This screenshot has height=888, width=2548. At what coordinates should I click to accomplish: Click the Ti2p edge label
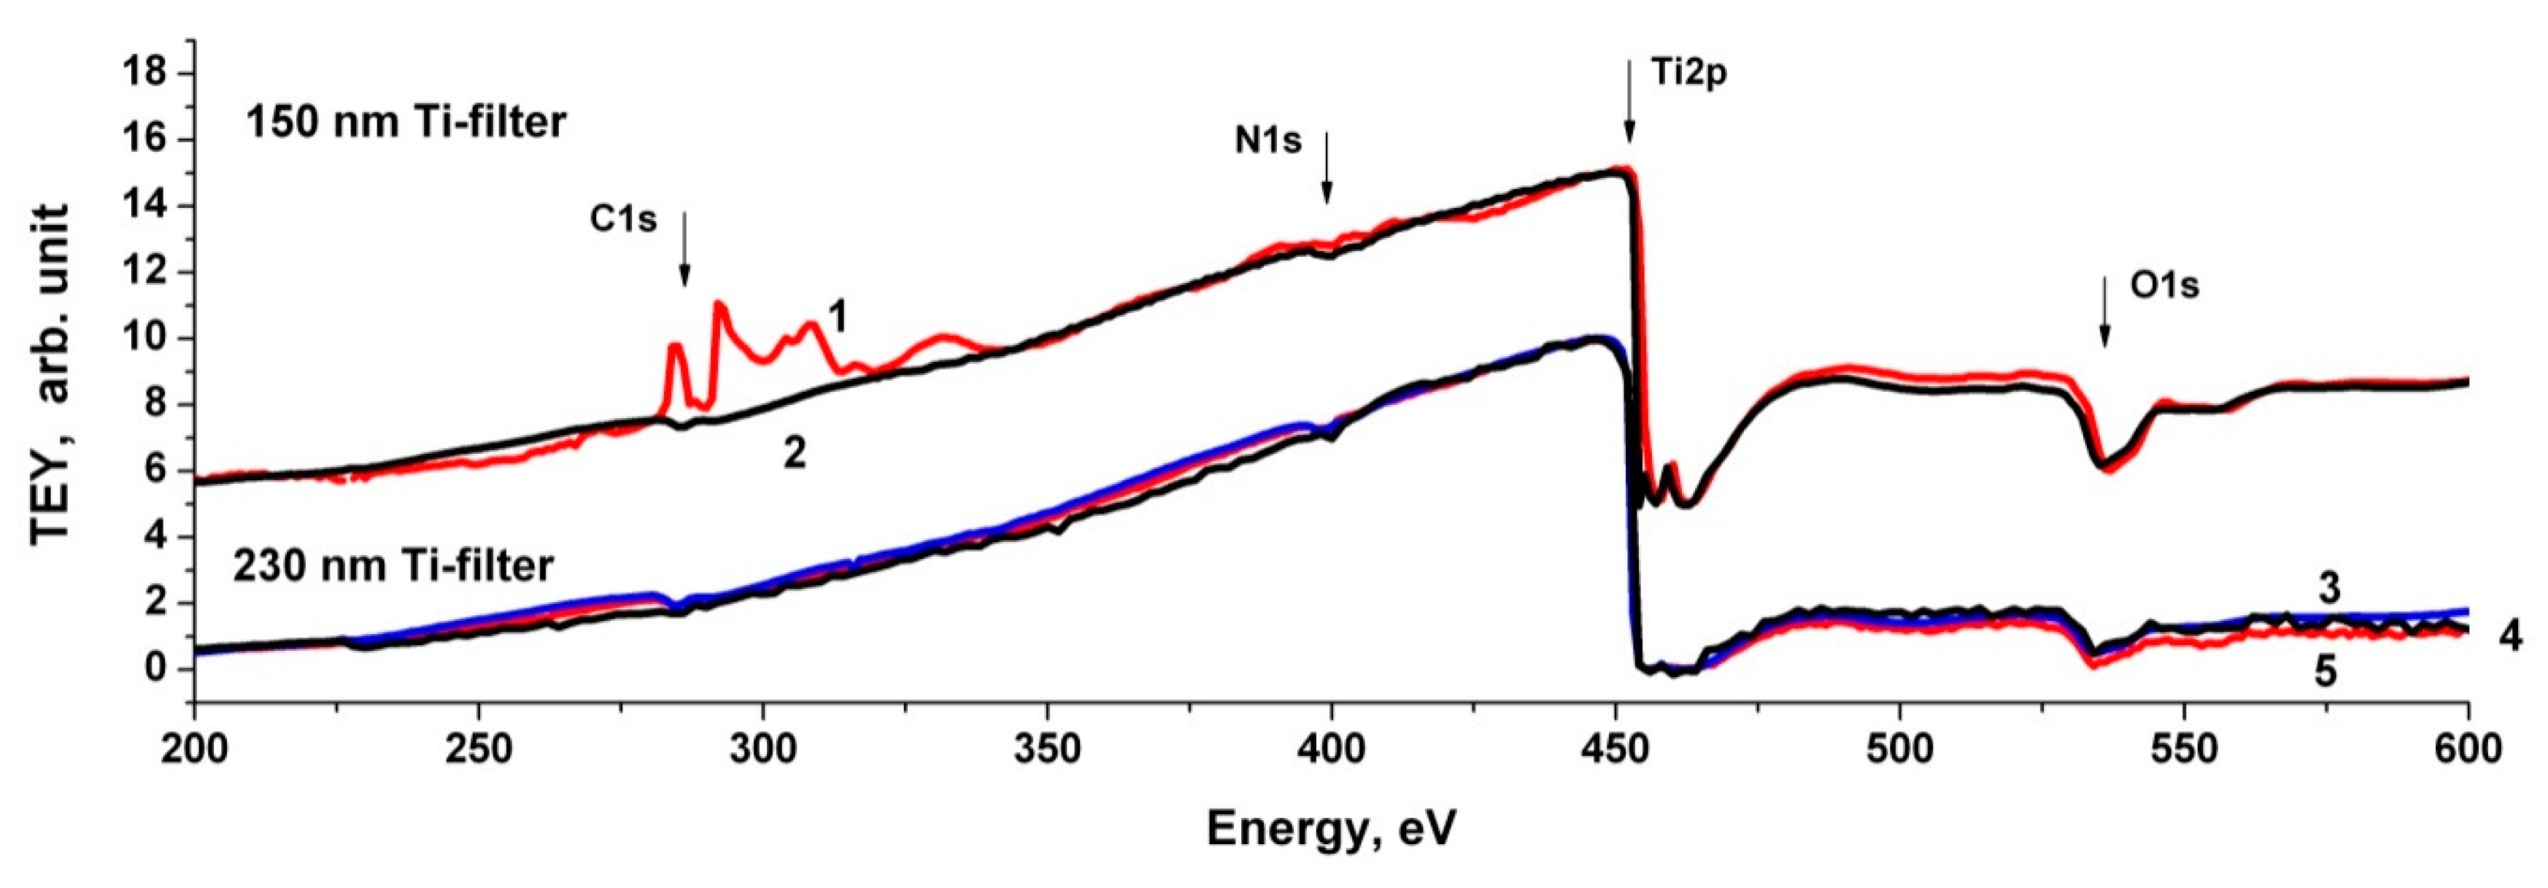(x=1688, y=73)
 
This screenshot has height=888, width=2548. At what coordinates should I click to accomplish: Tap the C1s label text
(x=623, y=220)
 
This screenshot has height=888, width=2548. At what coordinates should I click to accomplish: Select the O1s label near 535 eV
(x=2164, y=286)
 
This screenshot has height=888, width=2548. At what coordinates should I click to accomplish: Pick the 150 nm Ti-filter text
(x=406, y=123)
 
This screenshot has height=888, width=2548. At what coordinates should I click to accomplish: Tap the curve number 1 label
(x=837, y=318)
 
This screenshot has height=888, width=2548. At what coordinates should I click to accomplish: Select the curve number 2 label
(x=795, y=454)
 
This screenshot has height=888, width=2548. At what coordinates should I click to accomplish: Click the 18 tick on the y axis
(x=144, y=74)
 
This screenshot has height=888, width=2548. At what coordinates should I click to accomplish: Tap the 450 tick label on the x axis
(x=1615, y=749)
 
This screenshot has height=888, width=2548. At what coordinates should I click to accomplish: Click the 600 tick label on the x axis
(x=2467, y=749)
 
